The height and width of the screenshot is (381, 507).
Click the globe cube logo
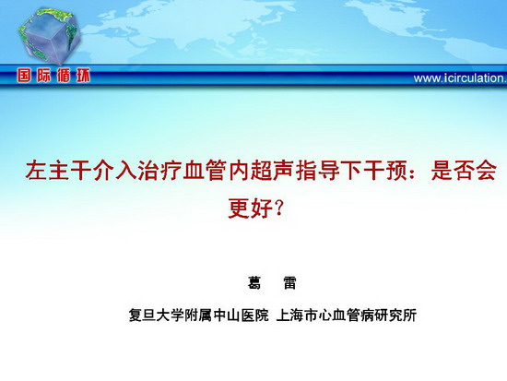[49, 35]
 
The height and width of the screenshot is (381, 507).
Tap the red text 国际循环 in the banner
[53, 76]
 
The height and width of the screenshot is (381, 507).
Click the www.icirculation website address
[460, 78]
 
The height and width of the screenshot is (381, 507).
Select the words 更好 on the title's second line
[250, 208]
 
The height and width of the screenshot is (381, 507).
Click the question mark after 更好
[279, 208]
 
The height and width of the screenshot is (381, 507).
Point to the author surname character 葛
[254, 283]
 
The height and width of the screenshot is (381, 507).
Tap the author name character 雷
[289, 283]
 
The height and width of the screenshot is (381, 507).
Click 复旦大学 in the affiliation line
[156, 315]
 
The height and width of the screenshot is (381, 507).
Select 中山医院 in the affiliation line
[241, 315]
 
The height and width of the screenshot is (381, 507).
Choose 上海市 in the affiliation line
[298, 315]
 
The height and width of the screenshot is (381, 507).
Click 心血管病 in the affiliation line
[347, 315]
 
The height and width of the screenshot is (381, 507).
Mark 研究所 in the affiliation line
[395, 315]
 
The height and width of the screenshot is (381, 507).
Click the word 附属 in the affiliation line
[198, 315]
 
